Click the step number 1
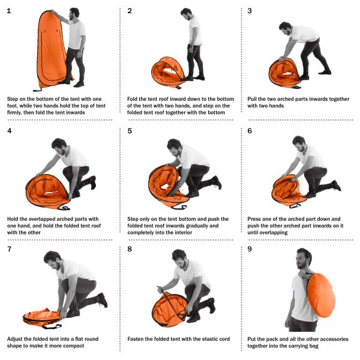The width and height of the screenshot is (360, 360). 9,11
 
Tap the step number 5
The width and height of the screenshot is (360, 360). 130,131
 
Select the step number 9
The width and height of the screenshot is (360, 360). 250,249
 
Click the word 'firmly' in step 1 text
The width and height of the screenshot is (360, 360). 14,113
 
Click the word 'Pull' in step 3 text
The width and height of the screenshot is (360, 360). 252,99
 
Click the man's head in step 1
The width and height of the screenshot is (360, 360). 74,14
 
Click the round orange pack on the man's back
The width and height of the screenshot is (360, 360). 321,295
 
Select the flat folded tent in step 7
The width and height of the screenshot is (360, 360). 41,317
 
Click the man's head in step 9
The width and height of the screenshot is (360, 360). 303,259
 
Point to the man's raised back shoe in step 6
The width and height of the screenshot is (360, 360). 337,185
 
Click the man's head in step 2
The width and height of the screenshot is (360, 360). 187,14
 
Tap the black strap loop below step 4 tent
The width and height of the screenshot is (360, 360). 64,208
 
